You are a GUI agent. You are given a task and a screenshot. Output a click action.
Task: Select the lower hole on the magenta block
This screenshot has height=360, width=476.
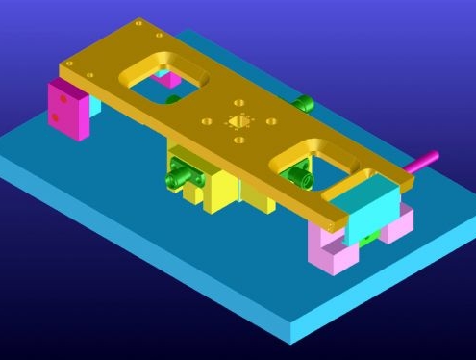point(59,118)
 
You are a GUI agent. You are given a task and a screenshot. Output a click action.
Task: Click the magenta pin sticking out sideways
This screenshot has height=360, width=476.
point(420,162)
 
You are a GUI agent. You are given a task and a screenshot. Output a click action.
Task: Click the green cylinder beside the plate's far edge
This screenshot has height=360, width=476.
point(304,103)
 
